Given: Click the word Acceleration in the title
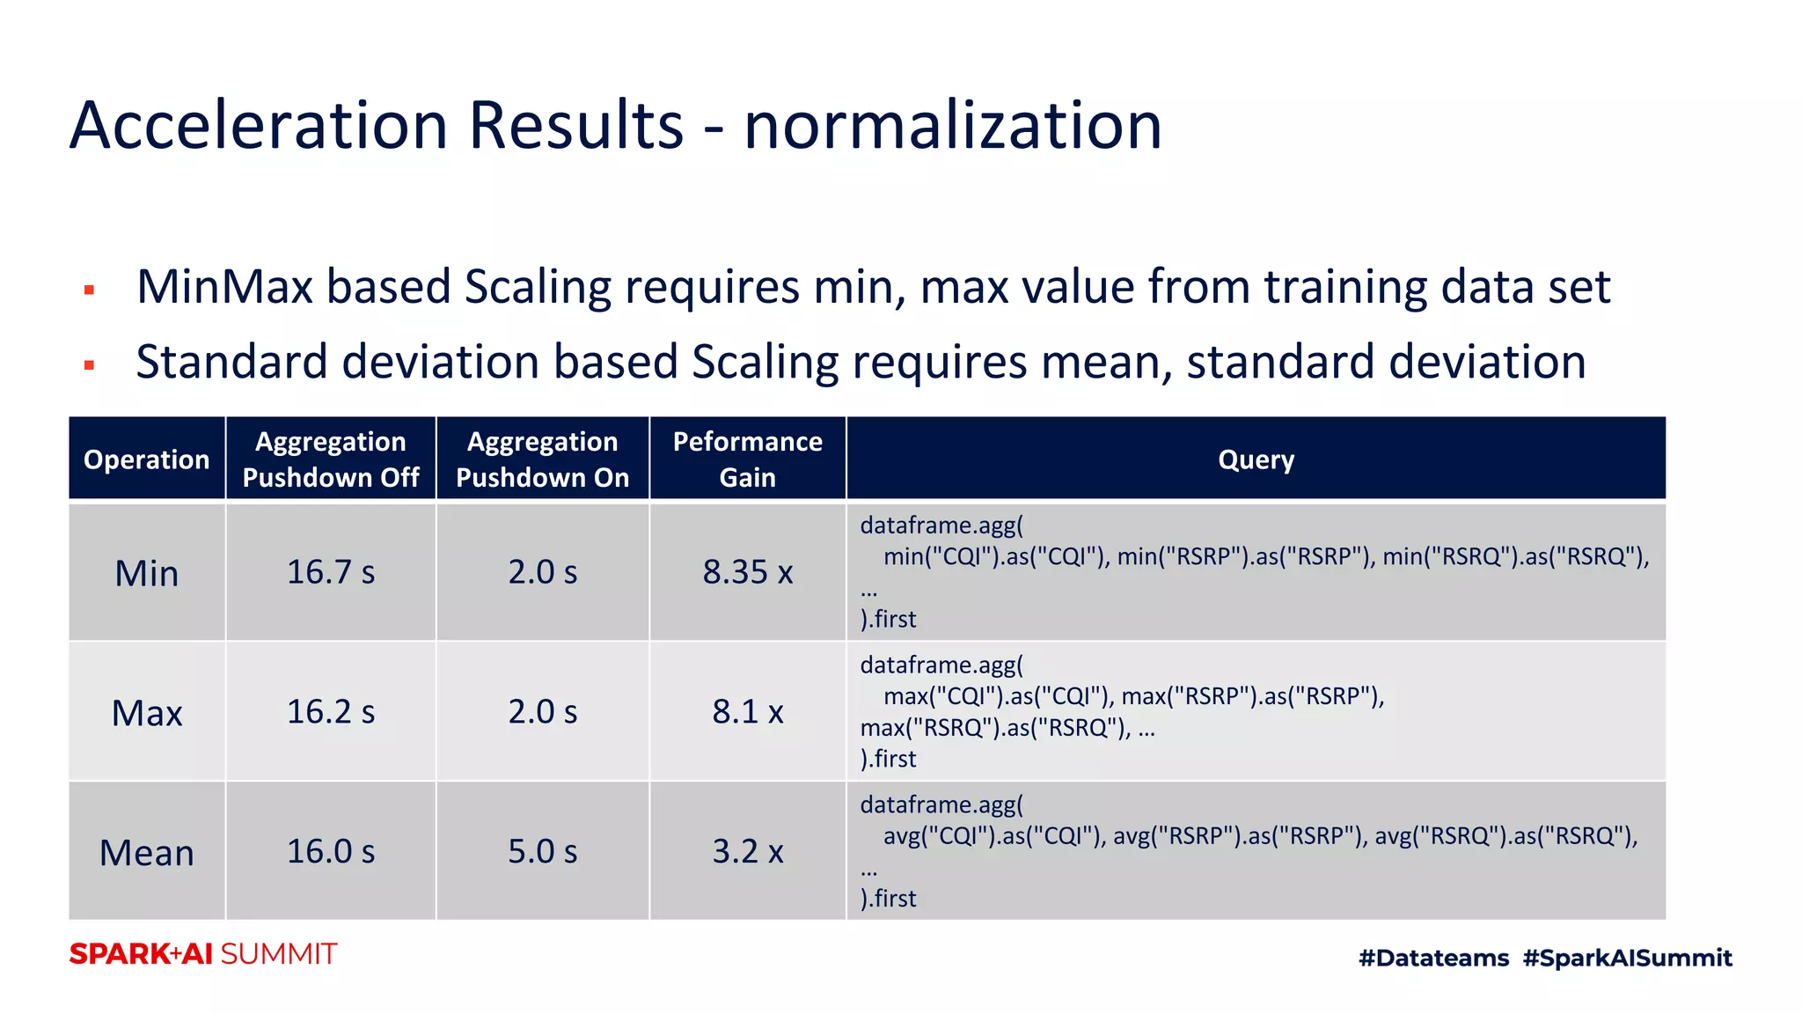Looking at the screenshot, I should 260,125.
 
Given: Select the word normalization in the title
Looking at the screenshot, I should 953,125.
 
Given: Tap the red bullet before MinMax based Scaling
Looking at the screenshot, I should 89,290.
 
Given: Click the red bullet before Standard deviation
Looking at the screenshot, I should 89,364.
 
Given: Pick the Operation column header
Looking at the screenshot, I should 147,459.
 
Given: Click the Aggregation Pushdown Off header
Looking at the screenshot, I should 331,459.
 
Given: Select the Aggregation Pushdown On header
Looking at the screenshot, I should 543,459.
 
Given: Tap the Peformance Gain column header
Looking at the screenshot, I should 748,459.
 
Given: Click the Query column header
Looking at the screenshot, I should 1256,459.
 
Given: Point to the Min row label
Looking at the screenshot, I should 147,573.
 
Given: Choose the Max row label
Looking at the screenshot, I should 147,713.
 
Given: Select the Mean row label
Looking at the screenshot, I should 147,853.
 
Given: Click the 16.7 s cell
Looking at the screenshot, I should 331,572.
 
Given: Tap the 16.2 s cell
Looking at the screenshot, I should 331,712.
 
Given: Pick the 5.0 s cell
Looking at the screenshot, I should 543,852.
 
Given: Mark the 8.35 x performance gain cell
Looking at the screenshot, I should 748,572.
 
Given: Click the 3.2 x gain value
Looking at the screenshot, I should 748,852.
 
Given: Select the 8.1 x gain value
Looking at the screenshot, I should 748,712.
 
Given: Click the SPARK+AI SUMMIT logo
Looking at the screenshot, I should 203,954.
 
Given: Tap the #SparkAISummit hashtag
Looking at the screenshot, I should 1627,958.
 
